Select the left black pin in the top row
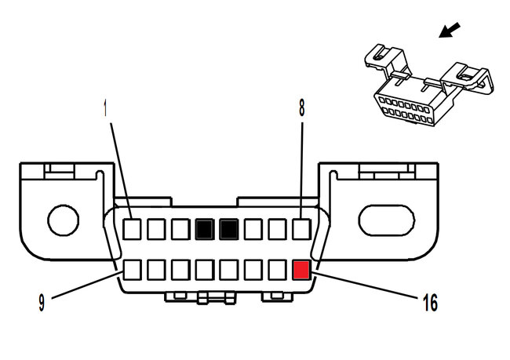205,229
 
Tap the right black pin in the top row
229,229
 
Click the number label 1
107,108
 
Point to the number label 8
301,108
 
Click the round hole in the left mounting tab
63,219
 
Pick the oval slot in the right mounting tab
384,216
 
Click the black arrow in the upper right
450,31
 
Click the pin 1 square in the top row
133,229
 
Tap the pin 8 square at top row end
302,229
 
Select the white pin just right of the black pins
253,229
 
